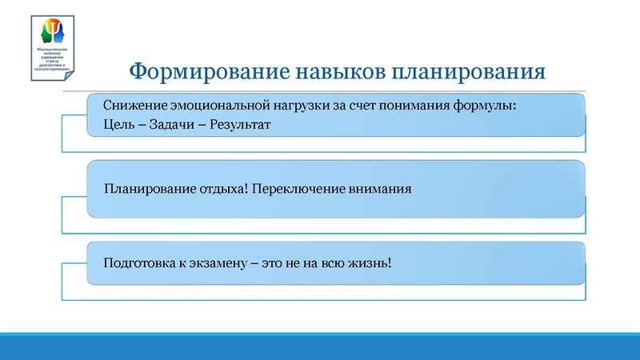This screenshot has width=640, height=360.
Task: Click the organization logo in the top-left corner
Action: pyautogui.click(x=54, y=32)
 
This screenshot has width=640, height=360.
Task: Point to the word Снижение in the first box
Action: pyautogui.click(x=130, y=106)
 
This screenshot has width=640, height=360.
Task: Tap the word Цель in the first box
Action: pyautogui.click(x=118, y=126)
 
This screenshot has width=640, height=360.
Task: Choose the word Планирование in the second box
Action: pyautogui.click(x=146, y=190)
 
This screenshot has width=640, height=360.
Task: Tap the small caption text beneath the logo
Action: pyautogui.click(x=54, y=61)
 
